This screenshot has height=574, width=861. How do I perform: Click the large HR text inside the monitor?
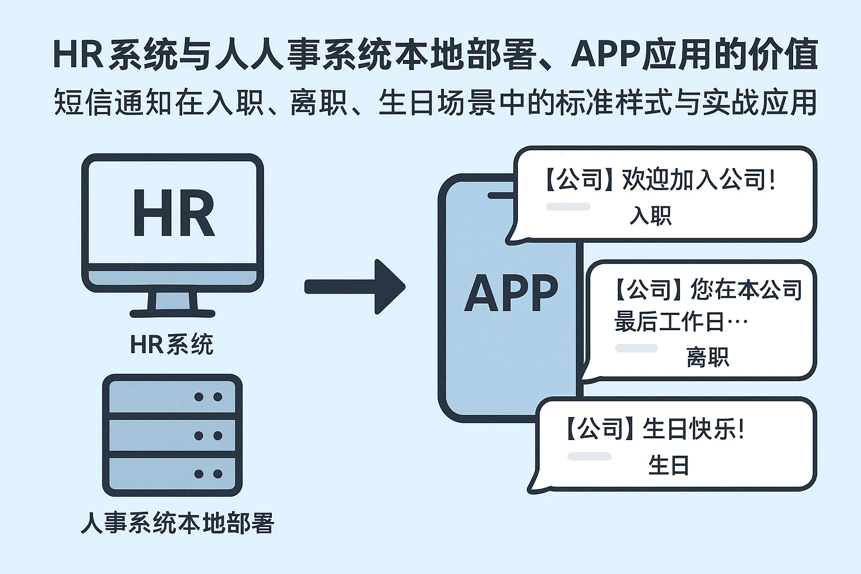(173, 214)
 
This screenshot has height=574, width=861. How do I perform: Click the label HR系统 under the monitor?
(172, 344)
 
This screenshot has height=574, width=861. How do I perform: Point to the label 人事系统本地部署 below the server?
(177, 522)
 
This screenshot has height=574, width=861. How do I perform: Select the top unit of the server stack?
(172, 397)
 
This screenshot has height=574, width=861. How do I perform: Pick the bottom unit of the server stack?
(172, 474)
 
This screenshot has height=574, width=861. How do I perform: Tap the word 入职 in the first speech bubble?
(650, 215)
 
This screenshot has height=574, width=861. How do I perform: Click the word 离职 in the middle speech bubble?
(707, 357)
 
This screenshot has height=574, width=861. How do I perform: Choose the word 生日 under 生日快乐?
(668, 465)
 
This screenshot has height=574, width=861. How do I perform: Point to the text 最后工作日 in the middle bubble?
(669, 322)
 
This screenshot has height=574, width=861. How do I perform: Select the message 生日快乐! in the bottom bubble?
(694, 429)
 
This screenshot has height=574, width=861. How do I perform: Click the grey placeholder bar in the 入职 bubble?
(567, 207)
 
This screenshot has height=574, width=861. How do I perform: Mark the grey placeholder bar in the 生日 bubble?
(589, 456)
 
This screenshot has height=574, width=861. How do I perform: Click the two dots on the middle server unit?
(208, 436)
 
